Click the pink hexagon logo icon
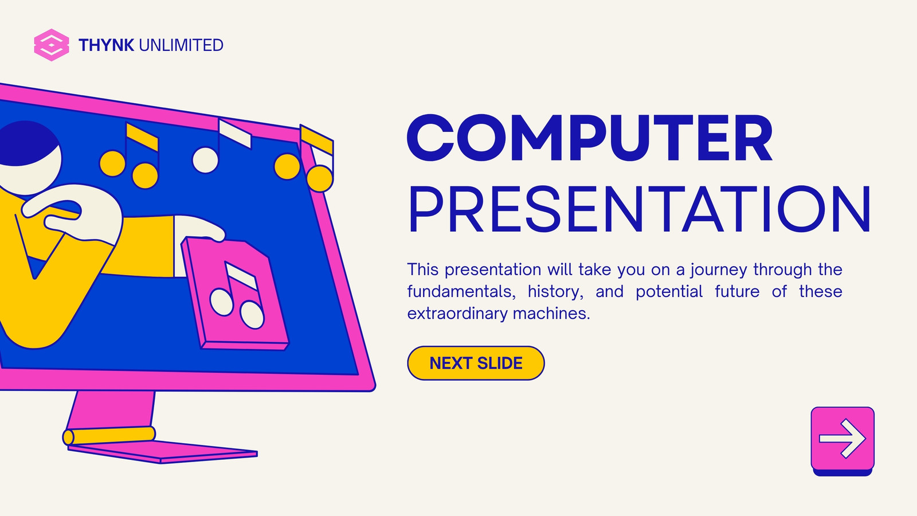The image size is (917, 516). [x=52, y=45]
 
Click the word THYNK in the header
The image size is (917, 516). [x=106, y=45]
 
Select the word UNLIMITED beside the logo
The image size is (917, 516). [x=181, y=45]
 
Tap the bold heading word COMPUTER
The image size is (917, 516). [x=590, y=138]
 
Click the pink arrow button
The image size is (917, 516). [x=842, y=440]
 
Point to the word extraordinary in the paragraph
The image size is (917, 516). [x=457, y=314]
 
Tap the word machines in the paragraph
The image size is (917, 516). [x=551, y=314]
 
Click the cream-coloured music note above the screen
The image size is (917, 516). [x=221, y=146]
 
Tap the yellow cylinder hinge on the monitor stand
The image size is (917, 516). [x=109, y=435]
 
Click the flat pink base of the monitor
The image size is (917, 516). [x=163, y=452]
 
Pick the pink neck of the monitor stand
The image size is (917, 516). [x=111, y=409]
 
